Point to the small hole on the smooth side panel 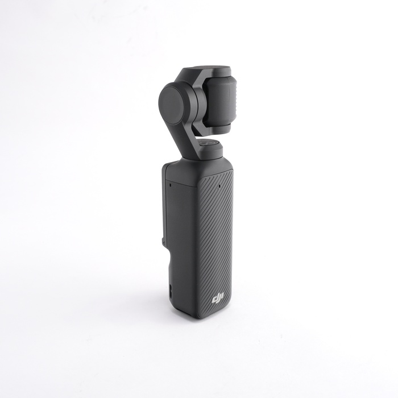pyautogui.click(x=171, y=185)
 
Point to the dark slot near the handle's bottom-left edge pyautogui.click(x=171, y=291)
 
